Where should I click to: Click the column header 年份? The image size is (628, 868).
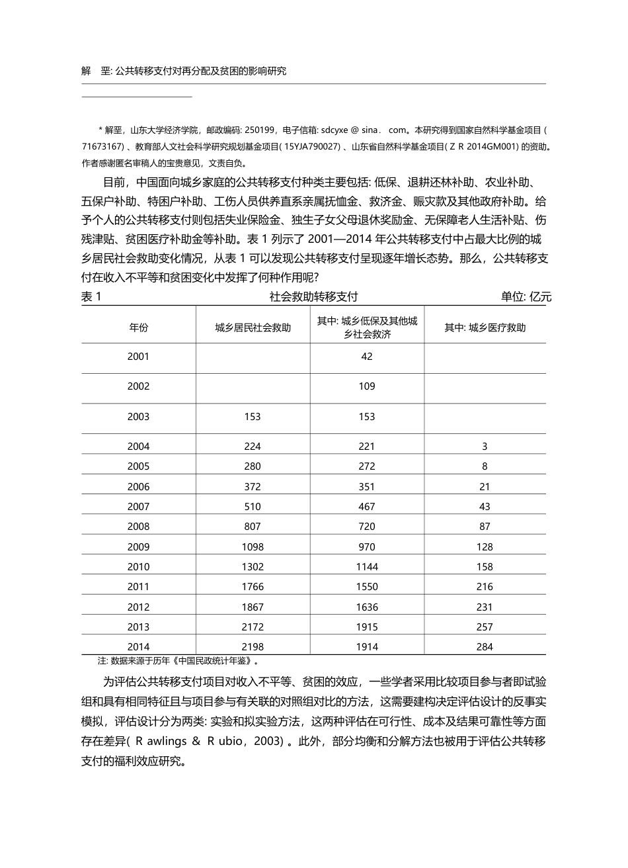pos(139,327)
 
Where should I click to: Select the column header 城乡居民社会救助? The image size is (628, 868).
pos(253,327)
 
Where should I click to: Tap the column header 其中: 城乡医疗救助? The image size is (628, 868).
pos(485,327)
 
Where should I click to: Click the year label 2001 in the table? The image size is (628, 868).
pos(139,357)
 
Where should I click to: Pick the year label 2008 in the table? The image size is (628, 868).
pos(139,527)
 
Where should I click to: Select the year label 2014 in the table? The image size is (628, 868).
pos(139,647)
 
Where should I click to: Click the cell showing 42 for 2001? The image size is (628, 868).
pos(367,357)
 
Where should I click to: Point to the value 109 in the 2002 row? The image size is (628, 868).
pos(367,386)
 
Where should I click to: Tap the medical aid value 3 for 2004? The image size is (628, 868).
pos(485,447)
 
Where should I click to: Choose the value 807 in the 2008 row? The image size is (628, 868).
pos(253,527)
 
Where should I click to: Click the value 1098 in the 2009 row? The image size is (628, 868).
pos(253,547)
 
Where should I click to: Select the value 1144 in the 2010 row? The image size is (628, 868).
pos(367,567)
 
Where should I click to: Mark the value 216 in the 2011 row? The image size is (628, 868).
pos(485,587)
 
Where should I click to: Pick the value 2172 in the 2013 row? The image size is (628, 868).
pos(253,627)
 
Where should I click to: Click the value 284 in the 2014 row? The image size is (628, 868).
pos(485,647)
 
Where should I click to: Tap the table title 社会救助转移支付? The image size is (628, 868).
pos(313,297)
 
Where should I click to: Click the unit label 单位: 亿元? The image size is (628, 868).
pos(526,297)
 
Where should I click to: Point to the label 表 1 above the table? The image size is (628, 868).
pos(91,297)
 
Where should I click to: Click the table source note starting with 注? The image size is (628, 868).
pos(178,660)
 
